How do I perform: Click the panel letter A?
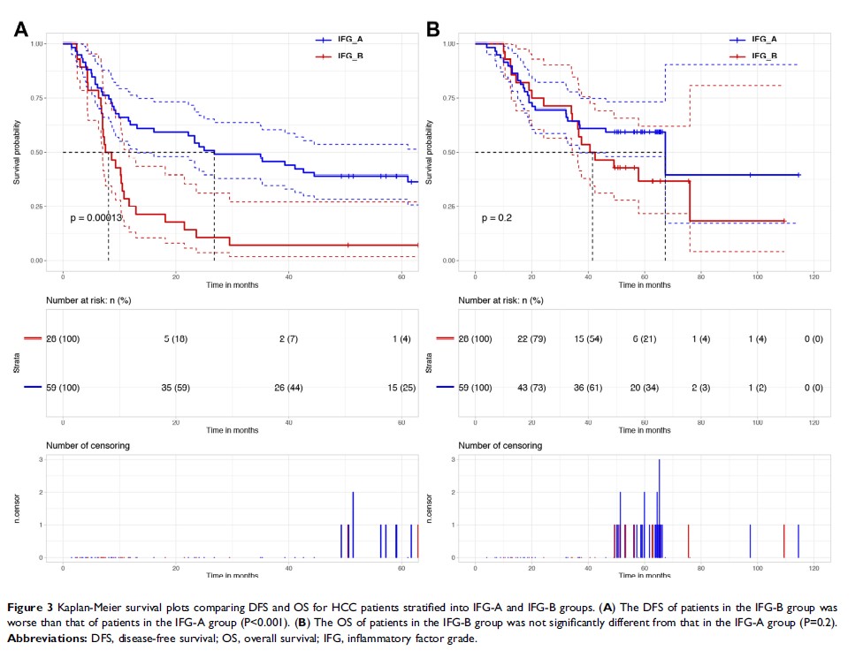[21, 29]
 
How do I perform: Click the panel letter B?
[433, 29]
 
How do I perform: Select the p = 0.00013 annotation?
[96, 216]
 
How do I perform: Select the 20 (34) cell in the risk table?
[647, 388]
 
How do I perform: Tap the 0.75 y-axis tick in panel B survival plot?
[448, 98]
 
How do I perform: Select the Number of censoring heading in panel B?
[500, 446]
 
